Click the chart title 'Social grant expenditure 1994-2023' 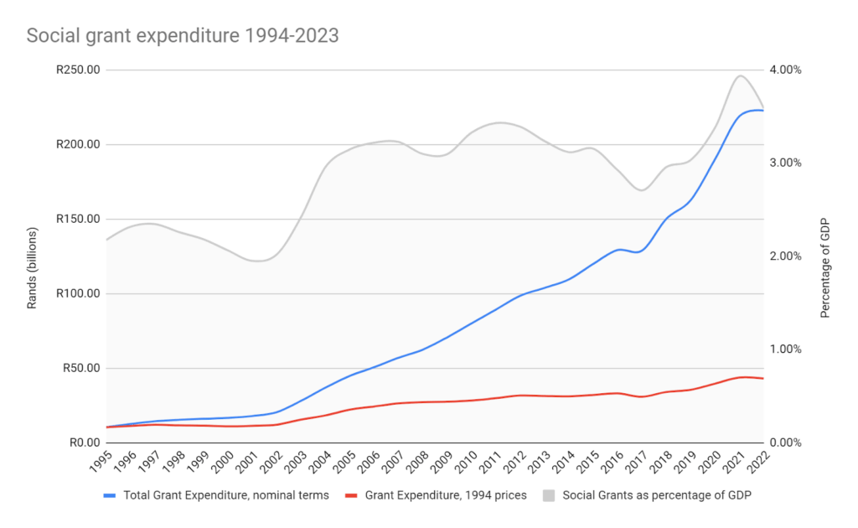[183, 35]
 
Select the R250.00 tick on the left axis [77, 70]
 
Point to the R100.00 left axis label [77, 293]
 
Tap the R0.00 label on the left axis [82, 443]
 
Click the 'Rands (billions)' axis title [33, 267]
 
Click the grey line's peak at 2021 [740, 75]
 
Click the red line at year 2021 [740, 377]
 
